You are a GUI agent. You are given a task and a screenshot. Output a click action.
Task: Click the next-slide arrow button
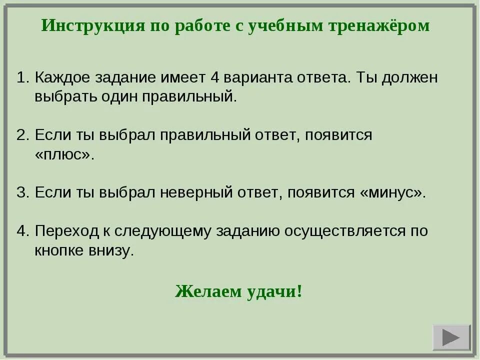451,337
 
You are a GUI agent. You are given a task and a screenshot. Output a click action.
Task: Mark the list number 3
21,193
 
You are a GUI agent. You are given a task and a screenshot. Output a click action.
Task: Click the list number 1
21,78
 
